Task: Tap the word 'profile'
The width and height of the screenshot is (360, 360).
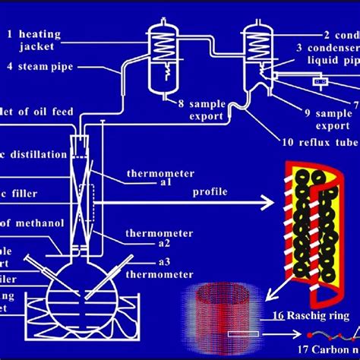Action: point(209,192)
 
